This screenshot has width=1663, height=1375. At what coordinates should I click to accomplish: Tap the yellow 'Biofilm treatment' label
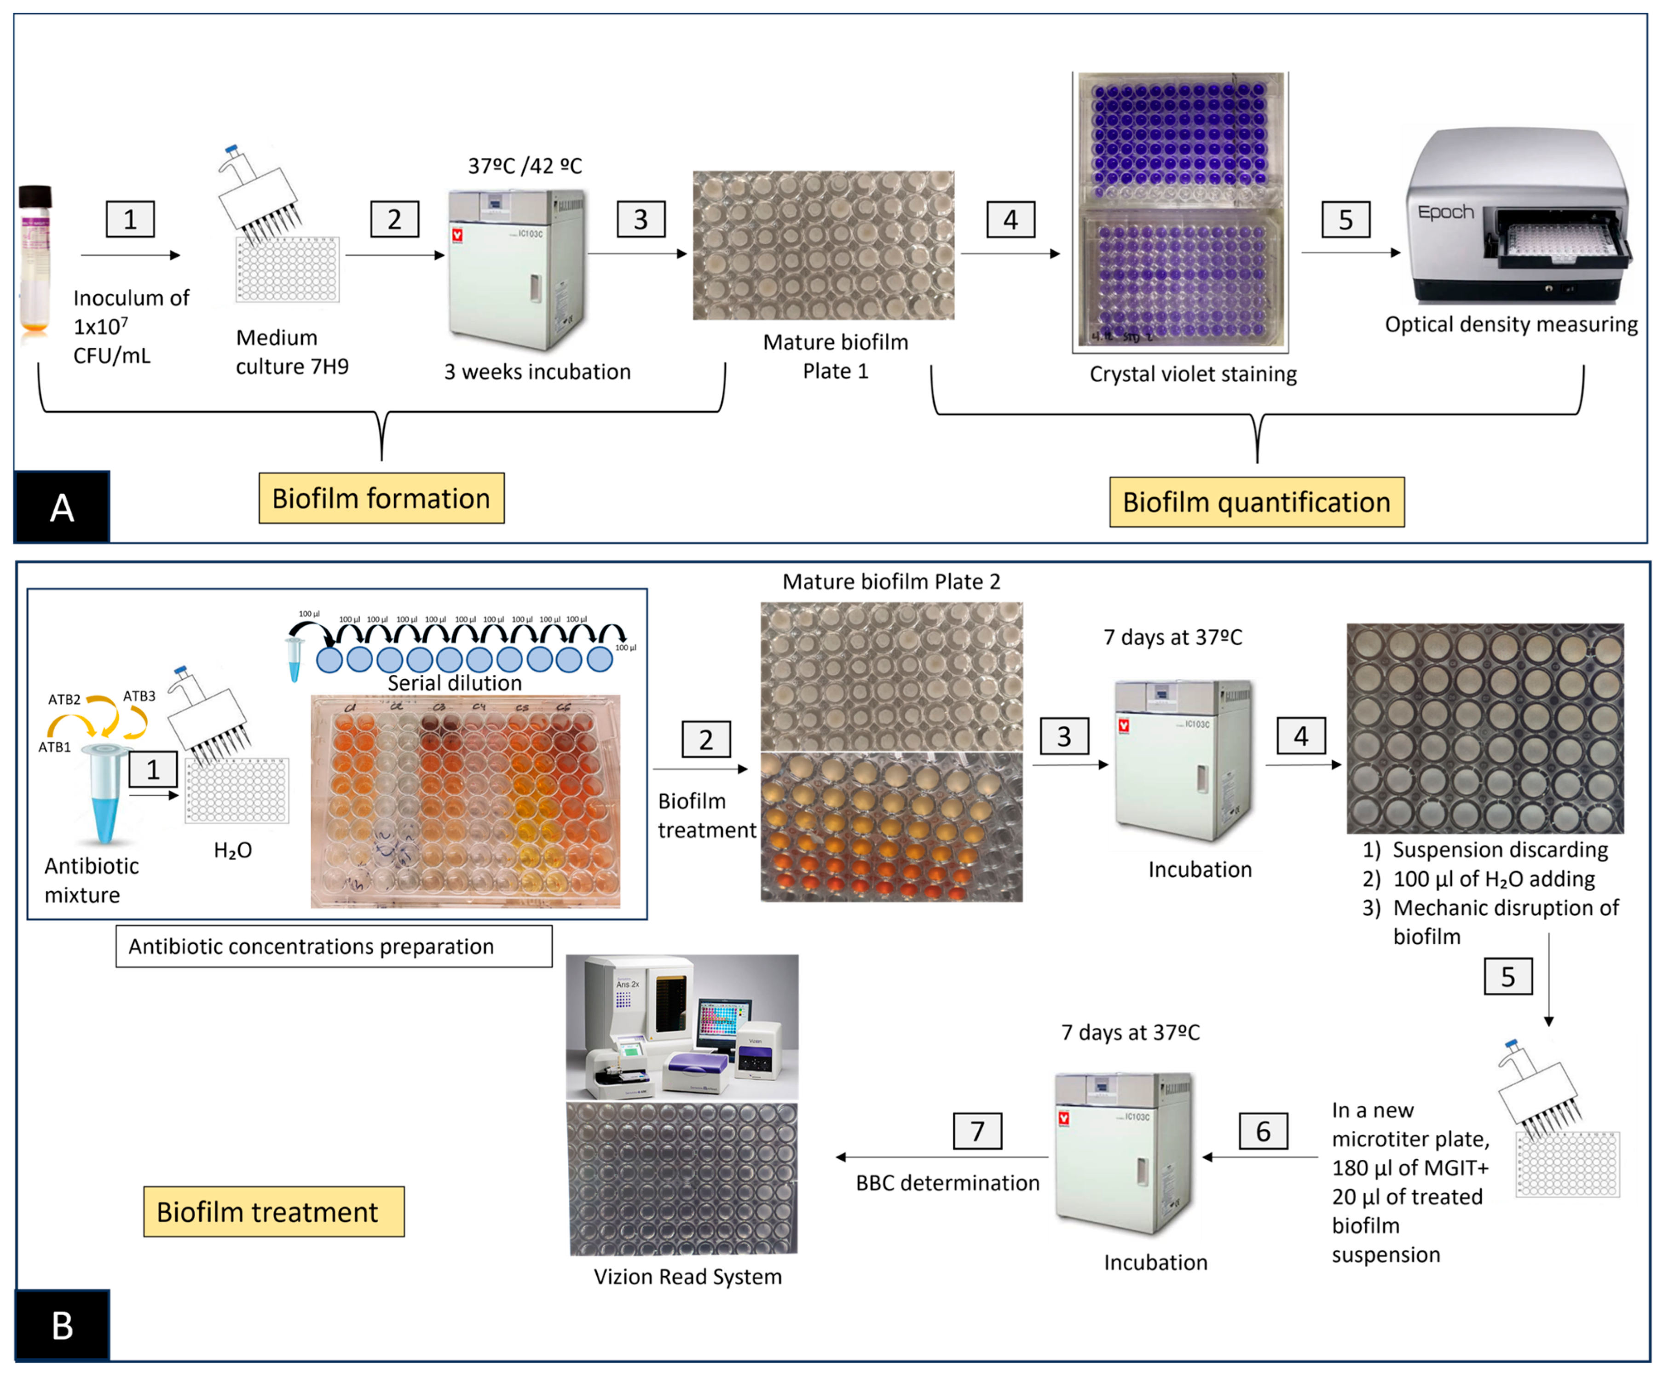point(273,1211)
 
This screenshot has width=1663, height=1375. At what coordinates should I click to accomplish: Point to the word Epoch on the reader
point(1445,212)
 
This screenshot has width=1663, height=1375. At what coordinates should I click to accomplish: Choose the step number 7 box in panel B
point(977,1130)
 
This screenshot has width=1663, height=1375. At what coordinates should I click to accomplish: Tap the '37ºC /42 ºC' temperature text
point(525,166)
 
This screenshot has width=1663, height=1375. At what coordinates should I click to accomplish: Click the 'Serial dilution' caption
point(455,682)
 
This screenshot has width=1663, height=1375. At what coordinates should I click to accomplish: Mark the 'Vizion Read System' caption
point(687,1276)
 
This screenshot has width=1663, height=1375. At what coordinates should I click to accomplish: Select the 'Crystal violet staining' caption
point(1193,374)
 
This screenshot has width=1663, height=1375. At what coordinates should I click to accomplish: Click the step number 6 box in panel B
point(1263,1130)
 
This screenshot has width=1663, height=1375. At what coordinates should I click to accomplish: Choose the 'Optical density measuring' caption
point(1510,325)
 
